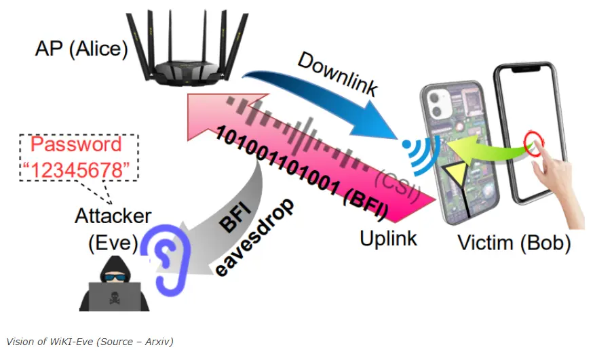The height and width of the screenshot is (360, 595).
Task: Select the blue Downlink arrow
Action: coord(319,95)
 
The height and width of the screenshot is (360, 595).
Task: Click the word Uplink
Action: coord(389,238)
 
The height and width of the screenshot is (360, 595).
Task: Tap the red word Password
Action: coord(77,144)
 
